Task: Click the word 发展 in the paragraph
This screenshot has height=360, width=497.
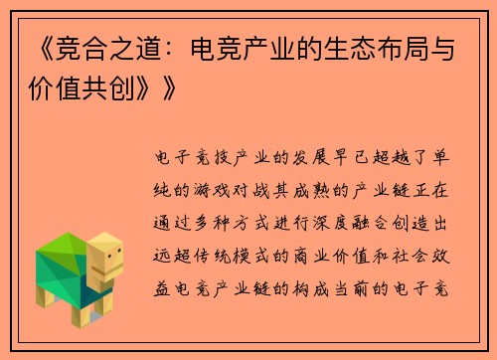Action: point(321,156)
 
